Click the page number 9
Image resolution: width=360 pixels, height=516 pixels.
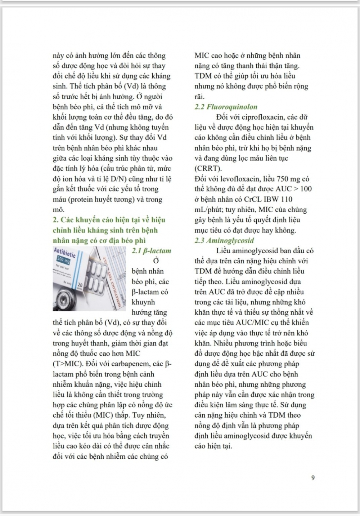(313, 478)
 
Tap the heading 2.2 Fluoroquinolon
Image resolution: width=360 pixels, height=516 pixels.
(226, 107)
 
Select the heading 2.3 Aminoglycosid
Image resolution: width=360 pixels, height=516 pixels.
(224, 240)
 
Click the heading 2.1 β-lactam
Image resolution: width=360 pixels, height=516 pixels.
(151, 251)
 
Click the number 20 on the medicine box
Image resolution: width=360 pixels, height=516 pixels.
(80, 285)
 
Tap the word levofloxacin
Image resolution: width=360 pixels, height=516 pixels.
(229, 179)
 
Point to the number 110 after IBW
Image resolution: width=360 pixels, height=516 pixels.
(286, 199)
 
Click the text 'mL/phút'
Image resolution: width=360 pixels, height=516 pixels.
(207, 210)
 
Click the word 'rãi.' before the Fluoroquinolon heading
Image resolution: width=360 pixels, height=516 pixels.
(199, 97)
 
